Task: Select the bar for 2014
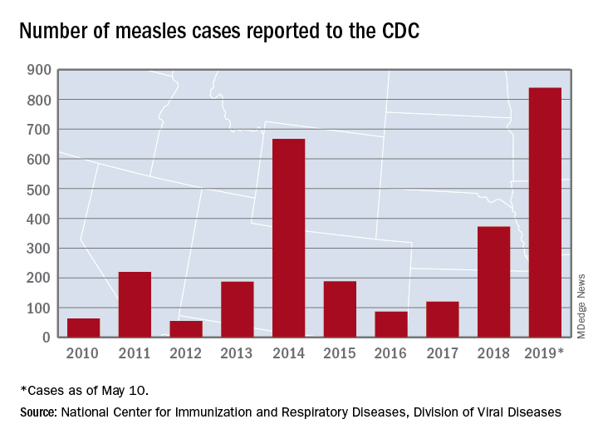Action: click(288, 238)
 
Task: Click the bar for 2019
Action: click(545, 212)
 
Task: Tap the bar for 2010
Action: click(83, 328)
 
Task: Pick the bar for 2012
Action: click(186, 328)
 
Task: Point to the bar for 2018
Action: click(493, 282)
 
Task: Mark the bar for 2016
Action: click(391, 324)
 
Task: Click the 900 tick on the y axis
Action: click(42, 71)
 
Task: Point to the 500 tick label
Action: click(42, 190)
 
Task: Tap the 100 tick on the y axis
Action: click(42, 308)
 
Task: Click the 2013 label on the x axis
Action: click(237, 353)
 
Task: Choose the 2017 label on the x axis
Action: click(442, 353)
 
